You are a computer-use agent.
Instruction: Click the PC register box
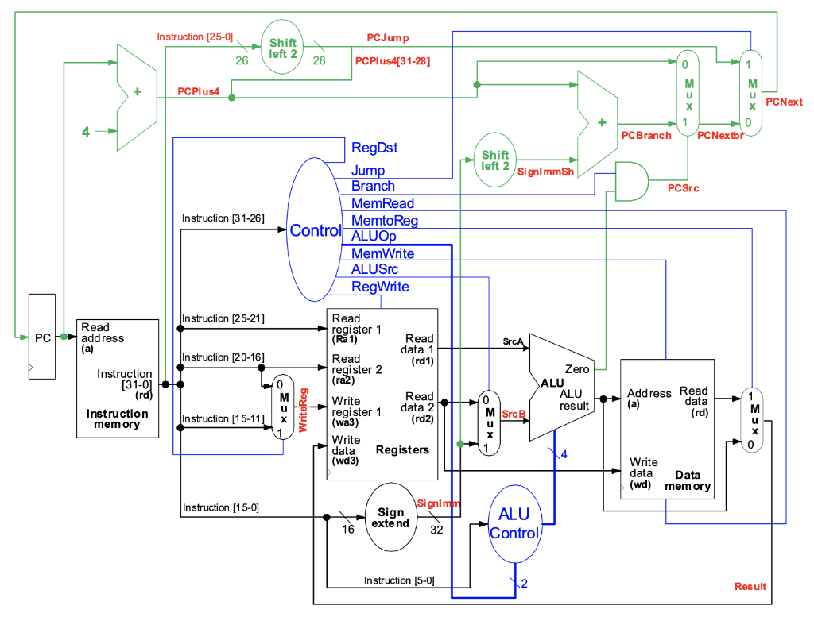pyautogui.click(x=42, y=337)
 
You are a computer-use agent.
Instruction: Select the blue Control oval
pyautogui.click(x=315, y=230)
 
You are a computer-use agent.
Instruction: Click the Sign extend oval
pyautogui.click(x=390, y=517)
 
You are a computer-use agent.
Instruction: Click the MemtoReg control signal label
pyautogui.click(x=385, y=220)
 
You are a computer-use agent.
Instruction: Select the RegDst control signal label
pyautogui.click(x=374, y=148)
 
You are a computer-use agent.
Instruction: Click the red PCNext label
pyautogui.click(x=784, y=102)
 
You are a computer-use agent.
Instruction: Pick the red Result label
pyautogui.click(x=750, y=586)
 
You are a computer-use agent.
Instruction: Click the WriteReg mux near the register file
pyautogui.click(x=282, y=407)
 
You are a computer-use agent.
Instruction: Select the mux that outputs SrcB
pyautogui.click(x=489, y=422)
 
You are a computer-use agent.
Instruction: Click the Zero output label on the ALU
pyautogui.click(x=576, y=369)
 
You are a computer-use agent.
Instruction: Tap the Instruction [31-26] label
pyautogui.click(x=223, y=218)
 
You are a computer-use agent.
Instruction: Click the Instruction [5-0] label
pyautogui.click(x=399, y=580)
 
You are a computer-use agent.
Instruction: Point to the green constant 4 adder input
pyautogui.click(x=85, y=131)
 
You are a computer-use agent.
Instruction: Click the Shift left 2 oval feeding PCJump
pyautogui.click(x=282, y=48)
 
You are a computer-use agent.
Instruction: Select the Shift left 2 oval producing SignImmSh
pyautogui.click(x=494, y=160)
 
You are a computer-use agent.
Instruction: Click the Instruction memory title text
pyautogui.click(x=117, y=418)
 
